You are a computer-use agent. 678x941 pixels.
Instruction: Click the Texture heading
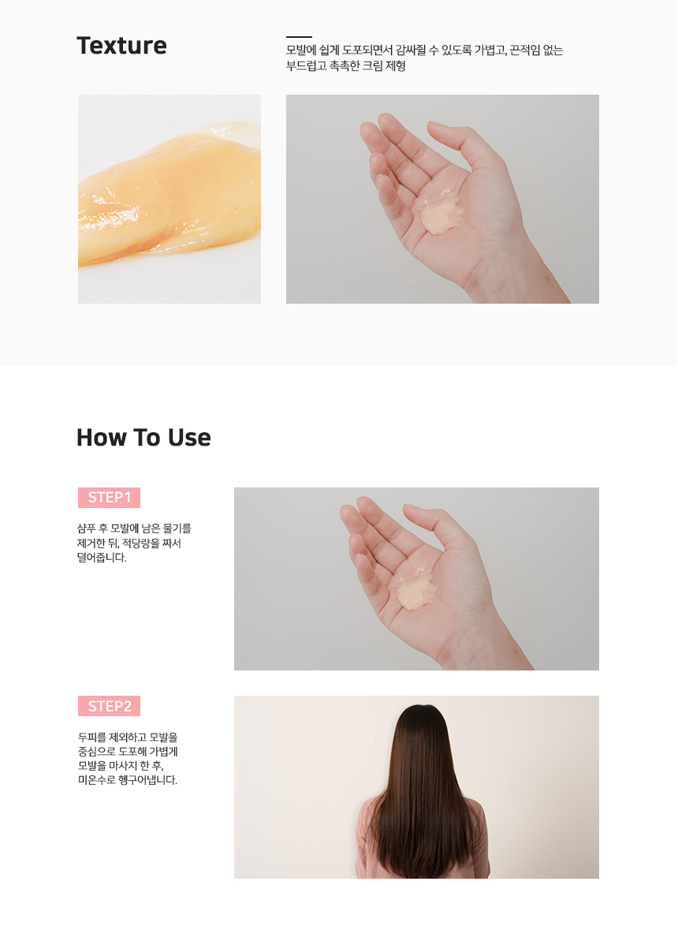click(x=121, y=46)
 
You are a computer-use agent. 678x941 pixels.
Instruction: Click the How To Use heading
click(x=144, y=438)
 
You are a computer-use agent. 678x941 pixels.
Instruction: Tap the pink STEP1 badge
click(x=110, y=498)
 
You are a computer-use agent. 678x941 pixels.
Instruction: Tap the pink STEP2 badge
click(x=110, y=706)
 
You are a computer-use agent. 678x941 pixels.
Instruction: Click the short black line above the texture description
click(x=299, y=37)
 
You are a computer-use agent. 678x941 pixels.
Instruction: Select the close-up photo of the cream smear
click(x=169, y=199)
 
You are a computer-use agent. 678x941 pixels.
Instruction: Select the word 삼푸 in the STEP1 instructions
click(x=87, y=528)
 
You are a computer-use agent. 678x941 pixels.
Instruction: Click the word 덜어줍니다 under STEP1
click(x=102, y=558)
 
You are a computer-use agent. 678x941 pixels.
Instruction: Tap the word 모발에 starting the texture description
click(x=301, y=50)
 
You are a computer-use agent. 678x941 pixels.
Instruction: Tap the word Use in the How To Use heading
click(x=189, y=438)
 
